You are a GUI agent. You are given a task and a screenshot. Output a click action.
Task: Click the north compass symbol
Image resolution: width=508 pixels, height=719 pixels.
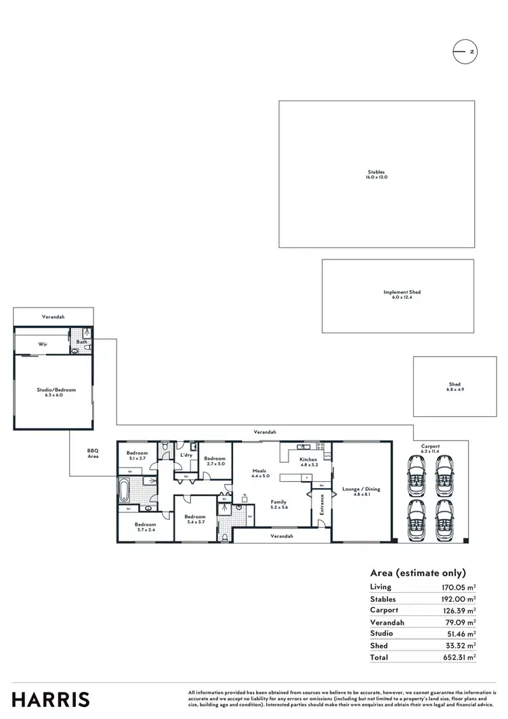466,52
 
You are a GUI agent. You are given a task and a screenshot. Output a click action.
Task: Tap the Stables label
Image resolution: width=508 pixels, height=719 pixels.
377,172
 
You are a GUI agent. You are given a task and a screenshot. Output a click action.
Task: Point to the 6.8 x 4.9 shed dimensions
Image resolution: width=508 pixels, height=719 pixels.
455,390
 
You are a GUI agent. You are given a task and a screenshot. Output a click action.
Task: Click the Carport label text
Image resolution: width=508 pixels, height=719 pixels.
430,447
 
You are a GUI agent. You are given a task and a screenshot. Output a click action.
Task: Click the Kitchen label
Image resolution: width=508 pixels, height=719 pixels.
308,459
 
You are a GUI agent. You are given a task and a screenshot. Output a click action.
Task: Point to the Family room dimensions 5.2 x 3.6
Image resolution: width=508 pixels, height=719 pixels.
279,508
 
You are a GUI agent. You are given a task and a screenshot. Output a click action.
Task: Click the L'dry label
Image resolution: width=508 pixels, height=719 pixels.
186,455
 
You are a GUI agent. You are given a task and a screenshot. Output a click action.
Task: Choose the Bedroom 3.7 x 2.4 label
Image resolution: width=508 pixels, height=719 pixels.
145,527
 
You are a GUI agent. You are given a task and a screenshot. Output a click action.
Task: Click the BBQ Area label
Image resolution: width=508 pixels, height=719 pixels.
93,454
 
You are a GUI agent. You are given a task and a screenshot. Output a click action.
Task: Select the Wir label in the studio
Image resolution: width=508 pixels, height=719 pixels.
42,344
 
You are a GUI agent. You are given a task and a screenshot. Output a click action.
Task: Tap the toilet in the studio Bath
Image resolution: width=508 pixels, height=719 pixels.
75,351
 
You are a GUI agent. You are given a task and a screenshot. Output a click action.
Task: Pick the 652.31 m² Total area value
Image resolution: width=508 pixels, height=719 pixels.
456,657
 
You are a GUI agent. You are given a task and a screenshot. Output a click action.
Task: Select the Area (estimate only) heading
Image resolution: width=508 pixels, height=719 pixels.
418,573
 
